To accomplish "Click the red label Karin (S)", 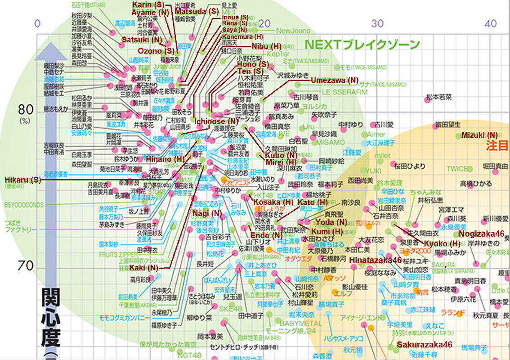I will tap(148, 4).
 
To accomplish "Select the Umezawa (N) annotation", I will tap(335, 80).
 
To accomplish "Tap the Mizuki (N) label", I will tap(479, 135).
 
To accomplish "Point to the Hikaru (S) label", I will tap(22, 180).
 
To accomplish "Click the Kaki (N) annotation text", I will tap(144, 268).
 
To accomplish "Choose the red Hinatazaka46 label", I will tap(375, 260).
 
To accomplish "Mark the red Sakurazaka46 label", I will tap(424, 345).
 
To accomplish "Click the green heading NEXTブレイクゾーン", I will tap(362, 45).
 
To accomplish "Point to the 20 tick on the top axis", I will tap(266, 22).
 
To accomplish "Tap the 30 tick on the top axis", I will tap(379, 22).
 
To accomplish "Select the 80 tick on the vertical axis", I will tap(26, 109).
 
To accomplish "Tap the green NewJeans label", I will tap(293, 31).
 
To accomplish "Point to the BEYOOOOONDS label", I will tap(24, 205).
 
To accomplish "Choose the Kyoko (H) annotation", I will tap(442, 243).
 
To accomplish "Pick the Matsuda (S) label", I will tap(196, 11).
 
